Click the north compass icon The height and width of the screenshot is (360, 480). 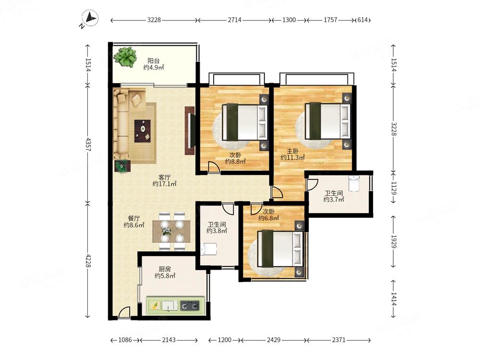click(x=90, y=19)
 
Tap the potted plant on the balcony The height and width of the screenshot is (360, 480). click(x=125, y=57)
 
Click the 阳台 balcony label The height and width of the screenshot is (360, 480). click(x=154, y=61)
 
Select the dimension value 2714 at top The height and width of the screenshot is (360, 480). click(x=235, y=20)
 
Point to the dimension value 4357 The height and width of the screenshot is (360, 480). click(x=88, y=144)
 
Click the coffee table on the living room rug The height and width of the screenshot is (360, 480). click(x=143, y=131)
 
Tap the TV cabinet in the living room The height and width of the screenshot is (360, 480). click(x=190, y=131)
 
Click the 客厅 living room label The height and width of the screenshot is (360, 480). click(x=165, y=177)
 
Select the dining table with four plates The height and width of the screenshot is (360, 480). click(x=171, y=231)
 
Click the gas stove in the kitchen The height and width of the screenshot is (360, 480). click(x=190, y=305)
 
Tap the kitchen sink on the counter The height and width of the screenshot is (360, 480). click(x=169, y=305)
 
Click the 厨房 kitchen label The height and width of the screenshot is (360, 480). click(x=165, y=269)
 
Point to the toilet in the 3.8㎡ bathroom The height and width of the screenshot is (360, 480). click(x=209, y=249)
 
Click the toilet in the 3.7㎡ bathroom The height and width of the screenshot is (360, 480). click(x=354, y=183)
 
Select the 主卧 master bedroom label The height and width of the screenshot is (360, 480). click(x=293, y=151)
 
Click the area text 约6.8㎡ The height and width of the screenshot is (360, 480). click(x=269, y=218)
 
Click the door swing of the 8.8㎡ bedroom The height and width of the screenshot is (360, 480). click(x=214, y=168)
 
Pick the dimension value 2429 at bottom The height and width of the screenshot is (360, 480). click(x=274, y=340)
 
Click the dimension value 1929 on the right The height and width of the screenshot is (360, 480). click(x=394, y=242)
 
